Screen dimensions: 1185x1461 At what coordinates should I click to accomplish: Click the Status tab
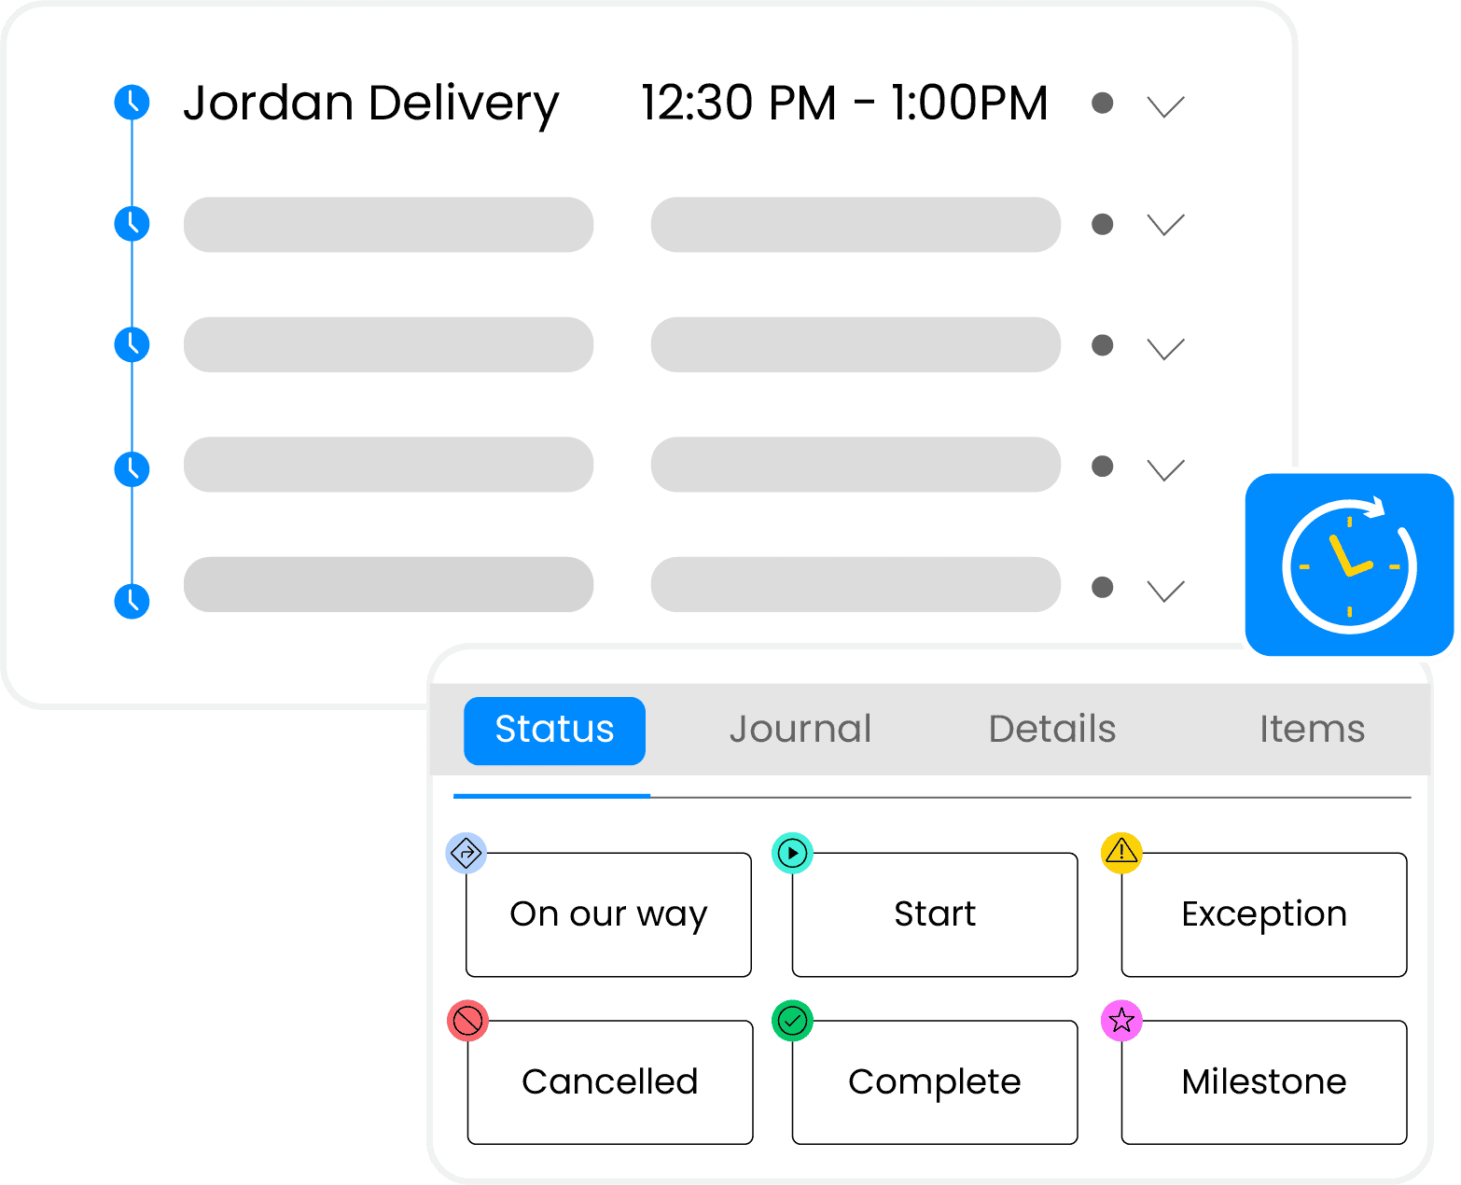tap(554, 731)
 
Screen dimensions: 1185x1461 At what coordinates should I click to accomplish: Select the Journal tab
tap(800, 730)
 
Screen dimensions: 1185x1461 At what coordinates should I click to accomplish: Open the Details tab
tap(1051, 730)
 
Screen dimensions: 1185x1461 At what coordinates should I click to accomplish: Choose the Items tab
tap(1312, 730)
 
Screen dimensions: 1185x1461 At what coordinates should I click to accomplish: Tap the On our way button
tap(608, 914)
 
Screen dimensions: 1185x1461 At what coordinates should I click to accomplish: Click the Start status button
tap(934, 914)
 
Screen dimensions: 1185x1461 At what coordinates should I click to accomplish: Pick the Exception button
tap(1263, 914)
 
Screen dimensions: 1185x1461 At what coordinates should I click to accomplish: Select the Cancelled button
tap(609, 1082)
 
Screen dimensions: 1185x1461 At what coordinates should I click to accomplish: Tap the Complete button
tap(934, 1082)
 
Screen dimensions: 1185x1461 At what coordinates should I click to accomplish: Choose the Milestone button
tap(1263, 1082)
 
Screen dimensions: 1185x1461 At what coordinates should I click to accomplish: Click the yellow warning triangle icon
tap(1121, 852)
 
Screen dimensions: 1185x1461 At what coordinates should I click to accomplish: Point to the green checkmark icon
tap(792, 1021)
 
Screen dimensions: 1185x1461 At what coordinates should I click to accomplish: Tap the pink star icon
tap(1121, 1021)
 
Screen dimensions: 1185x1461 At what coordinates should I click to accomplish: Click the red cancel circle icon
tap(467, 1021)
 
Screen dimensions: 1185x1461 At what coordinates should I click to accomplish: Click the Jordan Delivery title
tap(370, 104)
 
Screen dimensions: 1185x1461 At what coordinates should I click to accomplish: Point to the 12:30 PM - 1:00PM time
tap(844, 104)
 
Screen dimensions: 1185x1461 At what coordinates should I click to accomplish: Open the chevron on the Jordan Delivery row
tap(1165, 106)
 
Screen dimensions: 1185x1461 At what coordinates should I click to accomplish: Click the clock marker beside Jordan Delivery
tap(132, 102)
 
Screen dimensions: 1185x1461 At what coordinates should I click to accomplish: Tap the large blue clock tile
tap(1350, 565)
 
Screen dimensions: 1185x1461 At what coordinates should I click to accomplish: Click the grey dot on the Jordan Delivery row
tap(1102, 103)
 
